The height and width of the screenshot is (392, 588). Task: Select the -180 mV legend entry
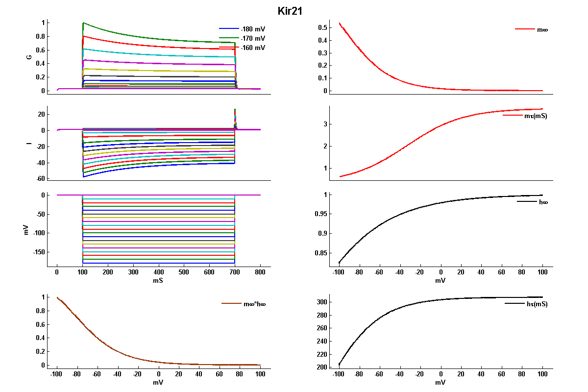[x=253, y=29]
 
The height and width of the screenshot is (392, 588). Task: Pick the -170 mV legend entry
[x=253, y=38]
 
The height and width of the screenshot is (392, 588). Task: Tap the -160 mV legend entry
[x=253, y=48]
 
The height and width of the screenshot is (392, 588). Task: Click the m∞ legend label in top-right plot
[x=542, y=29]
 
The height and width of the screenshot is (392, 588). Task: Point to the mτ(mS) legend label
[x=536, y=116]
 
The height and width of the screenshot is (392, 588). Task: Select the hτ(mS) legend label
[x=537, y=304]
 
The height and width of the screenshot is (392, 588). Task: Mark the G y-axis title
[x=29, y=57]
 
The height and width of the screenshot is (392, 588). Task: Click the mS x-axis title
[x=158, y=281]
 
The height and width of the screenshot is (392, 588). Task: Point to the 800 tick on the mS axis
[x=260, y=271]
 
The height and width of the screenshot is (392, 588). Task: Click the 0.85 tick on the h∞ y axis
[x=321, y=253]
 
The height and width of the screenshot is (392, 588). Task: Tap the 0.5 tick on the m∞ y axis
[x=323, y=28]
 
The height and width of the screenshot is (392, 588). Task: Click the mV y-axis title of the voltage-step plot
[x=28, y=229]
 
